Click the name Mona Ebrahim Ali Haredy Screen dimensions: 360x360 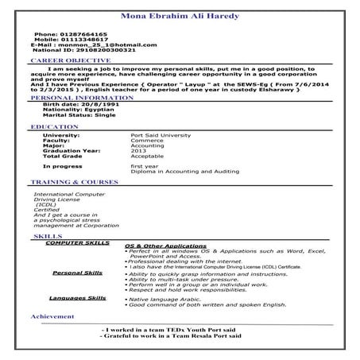coord(179,15)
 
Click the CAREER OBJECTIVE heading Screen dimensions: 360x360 coord(68,60)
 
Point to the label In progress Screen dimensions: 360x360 coord(62,166)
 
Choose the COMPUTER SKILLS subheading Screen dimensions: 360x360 coord(77,242)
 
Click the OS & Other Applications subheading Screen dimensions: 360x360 coord(166,246)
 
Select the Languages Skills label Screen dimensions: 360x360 coord(77,297)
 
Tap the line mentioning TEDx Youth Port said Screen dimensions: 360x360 coord(175,330)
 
